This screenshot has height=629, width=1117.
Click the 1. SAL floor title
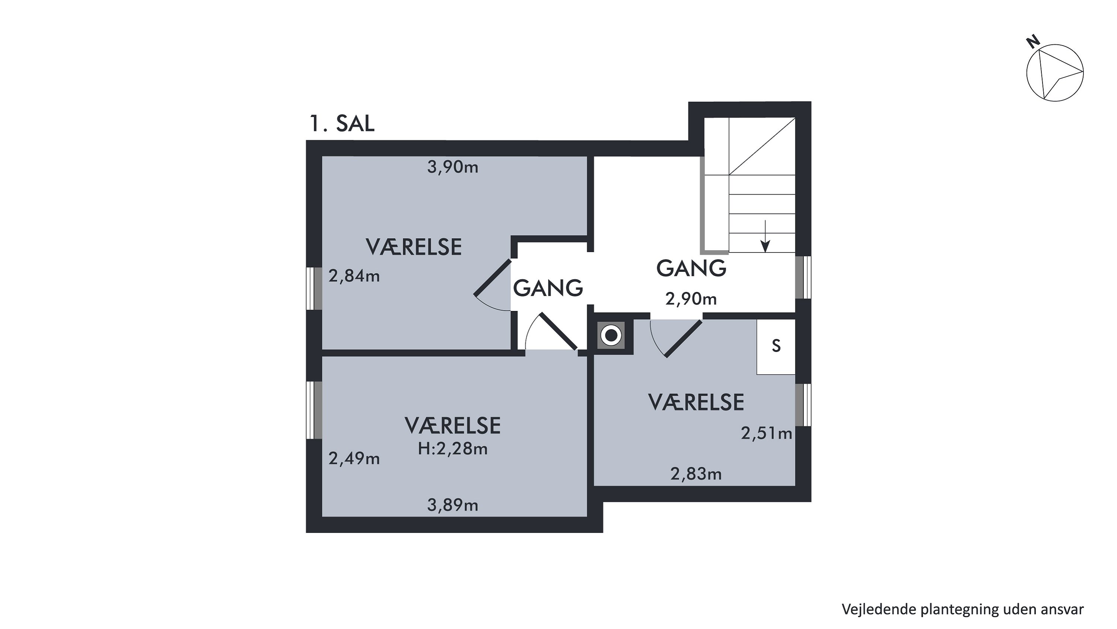click(x=342, y=123)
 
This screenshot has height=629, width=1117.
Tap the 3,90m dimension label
click(x=453, y=167)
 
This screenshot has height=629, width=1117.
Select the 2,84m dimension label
click(x=354, y=276)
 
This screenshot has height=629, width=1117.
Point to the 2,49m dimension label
click(x=354, y=458)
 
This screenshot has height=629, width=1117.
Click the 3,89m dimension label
click(x=453, y=505)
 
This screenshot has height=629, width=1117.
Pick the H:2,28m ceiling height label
click(x=453, y=449)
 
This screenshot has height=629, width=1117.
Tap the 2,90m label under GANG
click(x=691, y=299)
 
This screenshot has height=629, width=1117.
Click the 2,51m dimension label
click(x=767, y=433)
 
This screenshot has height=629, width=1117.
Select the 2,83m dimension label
click(x=696, y=474)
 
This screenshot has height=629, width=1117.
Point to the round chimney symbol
click(x=611, y=336)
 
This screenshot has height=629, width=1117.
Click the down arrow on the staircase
click(x=766, y=236)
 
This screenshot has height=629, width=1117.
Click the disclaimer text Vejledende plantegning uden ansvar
click(x=962, y=609)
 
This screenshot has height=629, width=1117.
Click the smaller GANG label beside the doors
click(x=548, y=288)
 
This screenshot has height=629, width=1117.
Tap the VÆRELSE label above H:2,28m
click(x=453, y=426)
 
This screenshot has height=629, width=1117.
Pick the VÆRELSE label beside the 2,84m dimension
click(x=414, y=247)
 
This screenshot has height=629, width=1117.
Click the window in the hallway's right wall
click(x=803, y=277)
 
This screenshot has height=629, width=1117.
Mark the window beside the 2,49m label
click(x=314, y=410)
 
